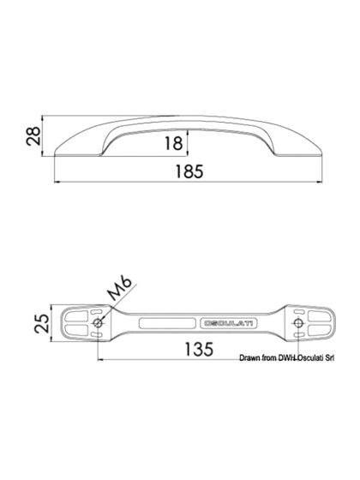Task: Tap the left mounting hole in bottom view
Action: click(x=99, y=323)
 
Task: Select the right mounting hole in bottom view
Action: click(x=297, y=323)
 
